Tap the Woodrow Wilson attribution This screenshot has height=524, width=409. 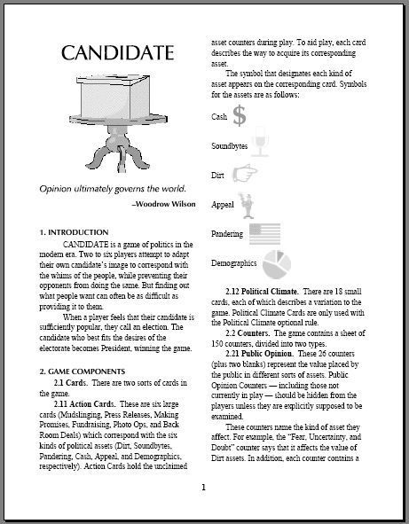coord(159,203)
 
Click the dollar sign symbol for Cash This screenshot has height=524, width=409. coord(239,114)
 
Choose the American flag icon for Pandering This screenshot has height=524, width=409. coord(264,233)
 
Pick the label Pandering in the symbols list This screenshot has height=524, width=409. coord(227,233)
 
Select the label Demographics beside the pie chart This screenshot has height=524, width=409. coord(233,263)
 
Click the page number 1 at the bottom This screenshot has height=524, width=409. coord(203,487)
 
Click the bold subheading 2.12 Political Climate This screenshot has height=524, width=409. coord(266,292)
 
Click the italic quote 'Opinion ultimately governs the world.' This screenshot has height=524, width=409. coord(112,188)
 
